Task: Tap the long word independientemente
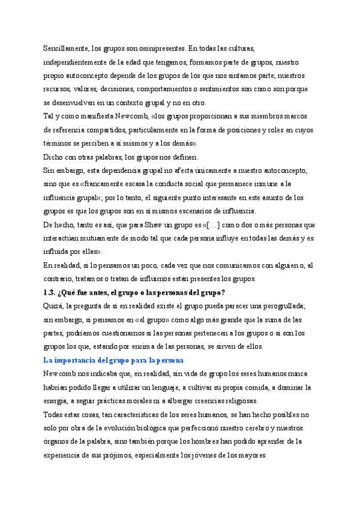pyautogui.click(x=75, y=62)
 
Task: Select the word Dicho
pyautogui.click(x=52, y=157)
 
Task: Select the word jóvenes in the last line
pyautogui.click(x=195, y=456)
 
